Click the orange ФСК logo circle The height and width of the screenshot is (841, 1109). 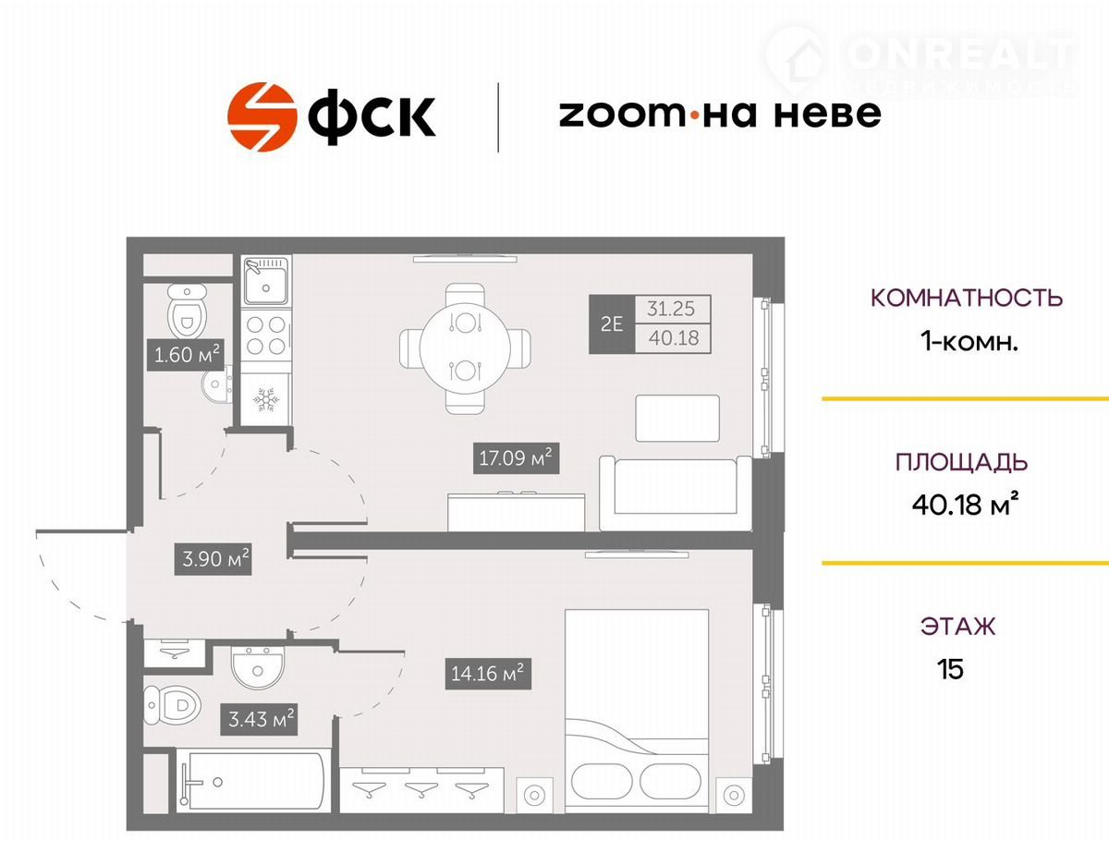(262, 116)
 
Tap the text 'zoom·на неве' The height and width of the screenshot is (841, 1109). (720, 114)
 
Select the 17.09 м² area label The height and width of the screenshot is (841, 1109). (516, 458)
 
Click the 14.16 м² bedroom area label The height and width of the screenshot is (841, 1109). (488, 674)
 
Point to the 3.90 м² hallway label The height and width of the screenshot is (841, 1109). (213, 558)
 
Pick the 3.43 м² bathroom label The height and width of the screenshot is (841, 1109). (259, 719)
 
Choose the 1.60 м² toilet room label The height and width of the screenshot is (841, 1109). (186, 355)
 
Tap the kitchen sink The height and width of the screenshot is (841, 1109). (266, 281)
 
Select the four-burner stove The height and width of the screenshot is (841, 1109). (266, 335)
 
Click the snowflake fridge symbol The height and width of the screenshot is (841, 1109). (266, 399)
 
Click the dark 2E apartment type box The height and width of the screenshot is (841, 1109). (612, 323)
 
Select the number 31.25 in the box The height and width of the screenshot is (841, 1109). (671, 309)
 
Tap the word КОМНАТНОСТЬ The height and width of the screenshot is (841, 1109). (967, 298)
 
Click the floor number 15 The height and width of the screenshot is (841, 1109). (950, 669)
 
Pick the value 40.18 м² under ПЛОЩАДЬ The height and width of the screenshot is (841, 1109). (963, 504)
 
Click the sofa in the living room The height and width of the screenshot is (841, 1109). (676, 493)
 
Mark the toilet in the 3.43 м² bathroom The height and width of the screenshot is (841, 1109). (172, 704)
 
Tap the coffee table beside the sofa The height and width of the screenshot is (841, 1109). (677, 419)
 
